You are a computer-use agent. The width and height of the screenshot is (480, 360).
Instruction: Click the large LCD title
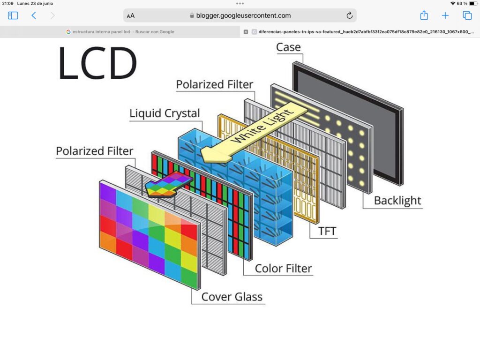coord(97,63)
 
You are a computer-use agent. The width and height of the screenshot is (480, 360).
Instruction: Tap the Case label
coord(288,47)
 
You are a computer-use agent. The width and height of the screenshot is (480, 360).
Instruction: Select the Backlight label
coord(397,201)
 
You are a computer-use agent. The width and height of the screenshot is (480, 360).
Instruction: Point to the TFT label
coord(327,231)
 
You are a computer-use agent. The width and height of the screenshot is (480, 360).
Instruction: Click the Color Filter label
coord(283,269)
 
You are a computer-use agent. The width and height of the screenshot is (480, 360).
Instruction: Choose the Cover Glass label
coord(232,297)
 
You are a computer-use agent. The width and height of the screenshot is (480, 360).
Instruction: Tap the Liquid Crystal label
coord(165,113)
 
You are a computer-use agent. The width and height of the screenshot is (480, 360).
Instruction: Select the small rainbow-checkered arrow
coord(168,184)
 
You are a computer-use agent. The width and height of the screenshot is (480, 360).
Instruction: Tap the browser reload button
coord(349,15)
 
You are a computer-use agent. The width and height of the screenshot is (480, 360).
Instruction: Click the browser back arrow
coord(34,15)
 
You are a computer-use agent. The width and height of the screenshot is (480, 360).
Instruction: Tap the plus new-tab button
coord(445,15)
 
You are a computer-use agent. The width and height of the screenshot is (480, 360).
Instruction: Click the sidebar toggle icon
coord(13,15)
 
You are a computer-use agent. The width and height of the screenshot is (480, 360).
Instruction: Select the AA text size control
coord(131,16)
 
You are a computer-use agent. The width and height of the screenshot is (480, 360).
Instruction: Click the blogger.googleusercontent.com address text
coord(243,15)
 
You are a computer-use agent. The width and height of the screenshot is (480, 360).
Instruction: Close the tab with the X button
coord(246,32)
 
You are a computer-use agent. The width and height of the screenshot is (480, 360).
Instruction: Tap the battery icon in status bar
coord(473,4)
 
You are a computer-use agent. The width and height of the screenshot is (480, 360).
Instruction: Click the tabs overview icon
coord(467,15)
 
